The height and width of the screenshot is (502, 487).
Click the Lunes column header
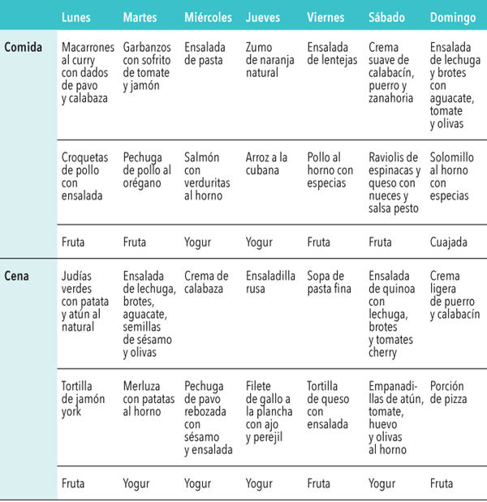pyautogui.click(x=76, y=18)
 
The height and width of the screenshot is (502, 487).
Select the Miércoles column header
pyautogui.click(x=208, y=18)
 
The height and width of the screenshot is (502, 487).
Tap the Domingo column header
pyautogui.click(x=453, y=18)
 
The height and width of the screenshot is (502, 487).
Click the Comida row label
pyautogui.click(x=24, y=47)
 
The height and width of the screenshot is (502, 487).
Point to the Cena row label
pyautogui.click(x=17, y=276)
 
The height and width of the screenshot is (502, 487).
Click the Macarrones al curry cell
pyautogui.click(x=88, y=74)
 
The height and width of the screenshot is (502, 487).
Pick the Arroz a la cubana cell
pyautogui.click(x=267, y=164)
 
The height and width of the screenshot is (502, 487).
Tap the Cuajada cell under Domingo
pyautogui.click(x=448, y=241)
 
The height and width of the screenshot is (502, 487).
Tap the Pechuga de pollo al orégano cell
pyautogui.click(x=147, y=170)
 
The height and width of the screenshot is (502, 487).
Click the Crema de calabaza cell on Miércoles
pyautogui.click(x=206, y=282)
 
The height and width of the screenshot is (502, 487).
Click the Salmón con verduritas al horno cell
pyautogui.click(x=207, y=177)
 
